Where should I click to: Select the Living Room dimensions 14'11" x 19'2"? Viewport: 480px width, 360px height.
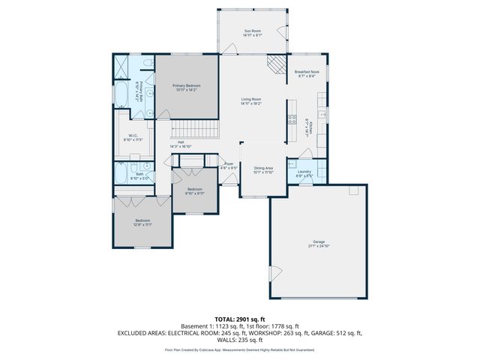point(250,103)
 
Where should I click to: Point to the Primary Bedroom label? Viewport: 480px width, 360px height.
point(187,86)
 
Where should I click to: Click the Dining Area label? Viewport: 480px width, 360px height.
point(262,168)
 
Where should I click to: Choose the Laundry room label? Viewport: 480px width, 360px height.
point(304,172)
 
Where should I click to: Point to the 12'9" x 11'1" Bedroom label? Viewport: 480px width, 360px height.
point(142,221)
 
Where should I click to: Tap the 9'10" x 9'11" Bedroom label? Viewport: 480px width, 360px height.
point(194,189)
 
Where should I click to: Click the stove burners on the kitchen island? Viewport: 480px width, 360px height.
point(290,118)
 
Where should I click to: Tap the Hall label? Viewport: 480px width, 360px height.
point(181,142)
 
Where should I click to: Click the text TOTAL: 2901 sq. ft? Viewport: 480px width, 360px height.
point(240,319)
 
